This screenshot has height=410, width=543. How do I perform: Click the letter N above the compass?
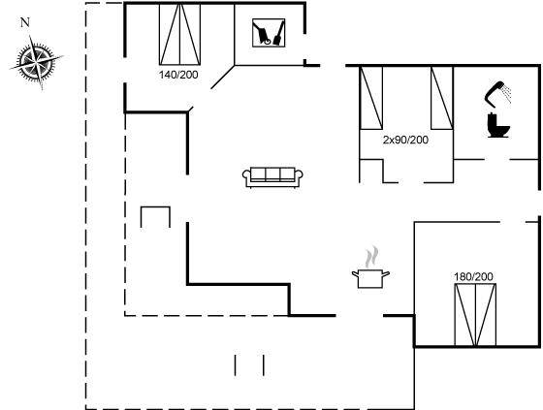pyautogui.click(x=25, y=22)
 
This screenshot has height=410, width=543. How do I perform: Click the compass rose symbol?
pyautogui.click(x=36, y=62)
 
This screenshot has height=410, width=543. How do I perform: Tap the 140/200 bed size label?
pyautogui.click(x=178, y=75)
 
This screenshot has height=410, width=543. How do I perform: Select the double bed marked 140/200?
pyautogui.click(x=179, y=34)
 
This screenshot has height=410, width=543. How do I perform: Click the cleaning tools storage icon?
pyautogui.click(x=269, y=33)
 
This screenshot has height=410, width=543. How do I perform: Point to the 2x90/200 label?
pyautogui.click(x=405, y=140)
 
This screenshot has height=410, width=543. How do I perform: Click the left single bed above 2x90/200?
pyautogui.click(x=371, y=98)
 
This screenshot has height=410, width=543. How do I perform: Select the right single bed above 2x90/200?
pyautogui.click(x=442, y=98)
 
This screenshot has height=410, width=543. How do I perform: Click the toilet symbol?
pyautogui.click(x=498, y=125)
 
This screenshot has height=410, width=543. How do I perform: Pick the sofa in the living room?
pyautogui.click(x=272, y=177)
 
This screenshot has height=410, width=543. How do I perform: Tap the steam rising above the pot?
pyautogui.click(x=371, y=257)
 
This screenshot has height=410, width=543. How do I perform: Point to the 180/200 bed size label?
pyautogui.click(x=473, y=276)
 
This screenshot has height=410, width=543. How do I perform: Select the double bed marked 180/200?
pyautogui.click(x=475, y=314)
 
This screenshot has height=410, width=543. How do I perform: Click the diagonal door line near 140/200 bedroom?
pyautogui.click(x=223, y=77)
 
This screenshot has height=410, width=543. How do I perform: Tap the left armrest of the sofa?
pyautogui.click(x=246, y=175)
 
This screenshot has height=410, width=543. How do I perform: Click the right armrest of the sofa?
pyautogui.click(x=299, y=175)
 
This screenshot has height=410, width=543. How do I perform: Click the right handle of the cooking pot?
pyautogui.click(x=386, y=274)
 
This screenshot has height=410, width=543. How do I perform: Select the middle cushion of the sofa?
pyautogui.click(x=272, y=173)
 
